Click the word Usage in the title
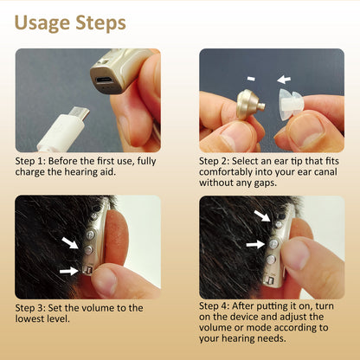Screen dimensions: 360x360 pyautogui.click(x=42, y=23)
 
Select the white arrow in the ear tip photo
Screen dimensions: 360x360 pyautogui.click(x=284, y=80)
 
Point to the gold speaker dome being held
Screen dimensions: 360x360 pyautogui.click(x=250, y=104)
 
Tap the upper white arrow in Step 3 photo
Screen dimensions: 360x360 pyautogui.click(x=70, y=242)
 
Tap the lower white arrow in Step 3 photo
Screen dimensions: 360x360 pyautogui.click(x=68, y=271)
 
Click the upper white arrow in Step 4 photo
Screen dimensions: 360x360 pyautogui.click(x=262, y=215)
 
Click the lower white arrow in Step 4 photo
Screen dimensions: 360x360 pyautogui.click(x=255, y=245)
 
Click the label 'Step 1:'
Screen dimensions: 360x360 pyautogui.click(x=30, y=161)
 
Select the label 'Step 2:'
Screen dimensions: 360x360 pyautogui.click(x=215, y=161)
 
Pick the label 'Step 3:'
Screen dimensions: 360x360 pyautogui.click(x=30, y=308)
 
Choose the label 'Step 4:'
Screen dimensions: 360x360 pyautogui.click(x=215, y=306)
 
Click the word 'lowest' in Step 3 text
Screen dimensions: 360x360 pyautogui.click(x=28, y=318)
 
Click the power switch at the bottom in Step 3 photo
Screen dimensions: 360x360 pyautogui.click(x=87, y=271)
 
